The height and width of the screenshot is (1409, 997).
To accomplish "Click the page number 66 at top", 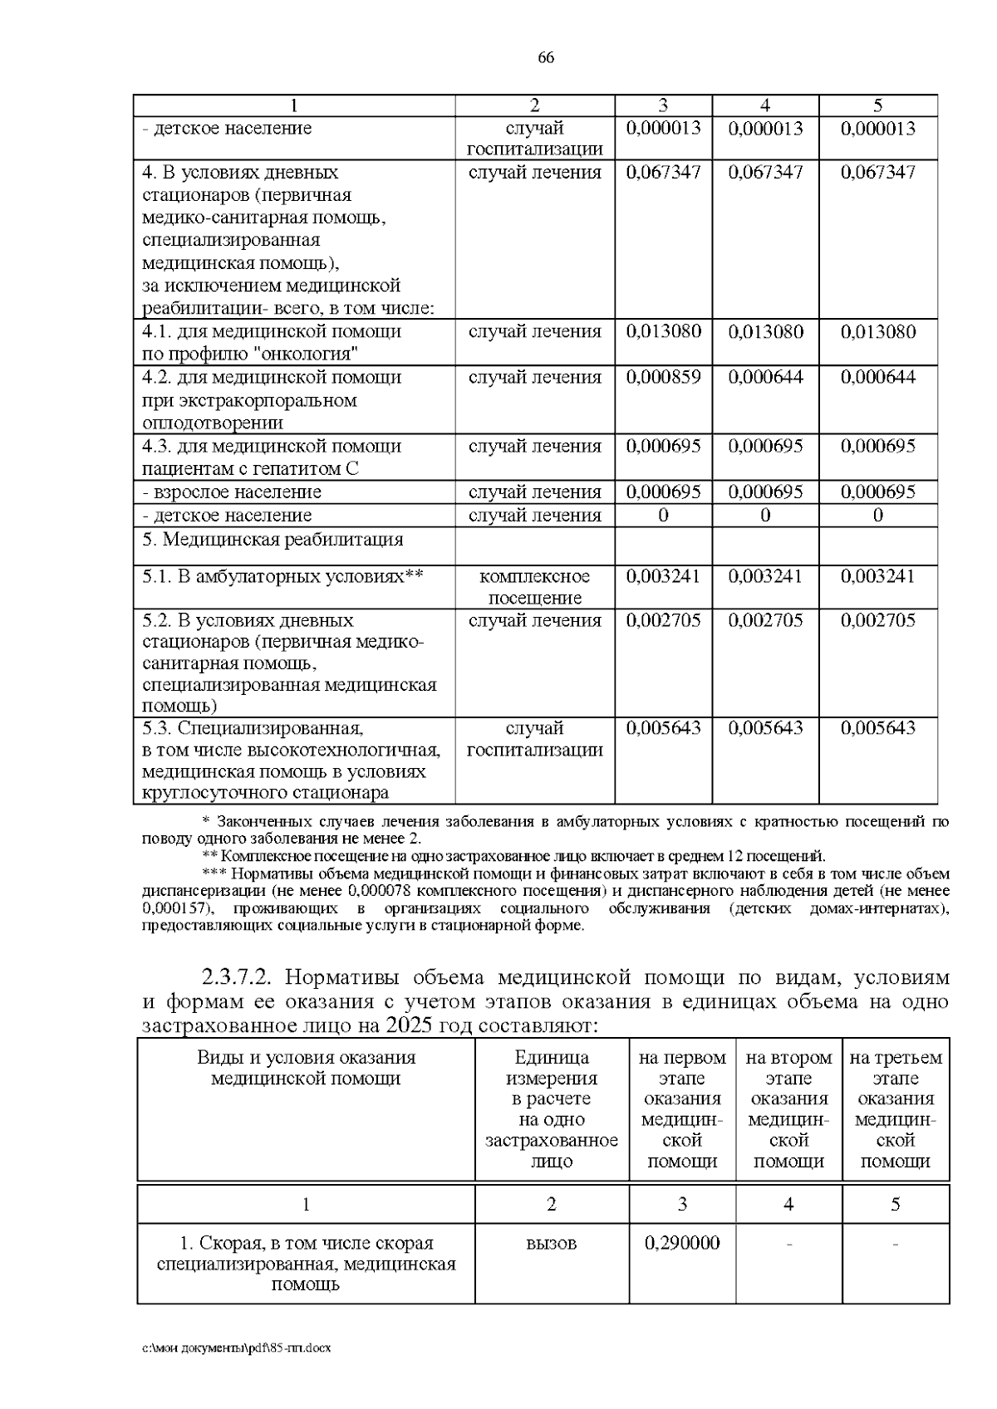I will coord(546,57).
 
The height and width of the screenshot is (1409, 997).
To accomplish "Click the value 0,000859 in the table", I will coord(663,377).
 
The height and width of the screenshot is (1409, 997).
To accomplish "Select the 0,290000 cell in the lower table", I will coord(682,1243).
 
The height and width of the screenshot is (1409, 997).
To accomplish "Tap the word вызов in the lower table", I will coord(552,1243).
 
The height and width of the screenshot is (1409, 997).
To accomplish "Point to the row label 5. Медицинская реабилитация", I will coord(273,540).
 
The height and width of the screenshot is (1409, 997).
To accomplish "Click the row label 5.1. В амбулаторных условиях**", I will coord(282,576).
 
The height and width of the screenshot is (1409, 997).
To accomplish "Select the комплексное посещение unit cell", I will coord(534,586).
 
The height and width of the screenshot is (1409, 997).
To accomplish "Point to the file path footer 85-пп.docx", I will coord(236,1348).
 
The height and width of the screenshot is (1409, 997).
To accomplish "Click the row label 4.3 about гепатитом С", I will coord(272,457).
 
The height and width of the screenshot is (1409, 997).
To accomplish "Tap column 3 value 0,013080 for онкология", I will coord(663,332).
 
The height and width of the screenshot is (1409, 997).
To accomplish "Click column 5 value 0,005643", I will coord(878,728).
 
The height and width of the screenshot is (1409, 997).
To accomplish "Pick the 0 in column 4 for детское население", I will coord(765,516).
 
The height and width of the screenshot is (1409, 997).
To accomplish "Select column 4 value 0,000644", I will coord(765,377).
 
